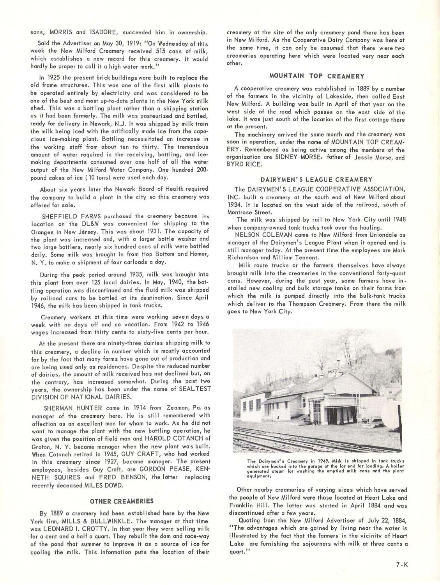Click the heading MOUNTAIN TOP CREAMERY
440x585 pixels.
pyautogui.click(x=317, y=76)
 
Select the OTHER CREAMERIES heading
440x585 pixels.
pyautogui.click(x=122, y=501)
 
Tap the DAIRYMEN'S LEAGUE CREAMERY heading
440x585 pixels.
pyautogui.click(x=316, y=179)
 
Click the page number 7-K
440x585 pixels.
pyautogui.click(x=399, y=563)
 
